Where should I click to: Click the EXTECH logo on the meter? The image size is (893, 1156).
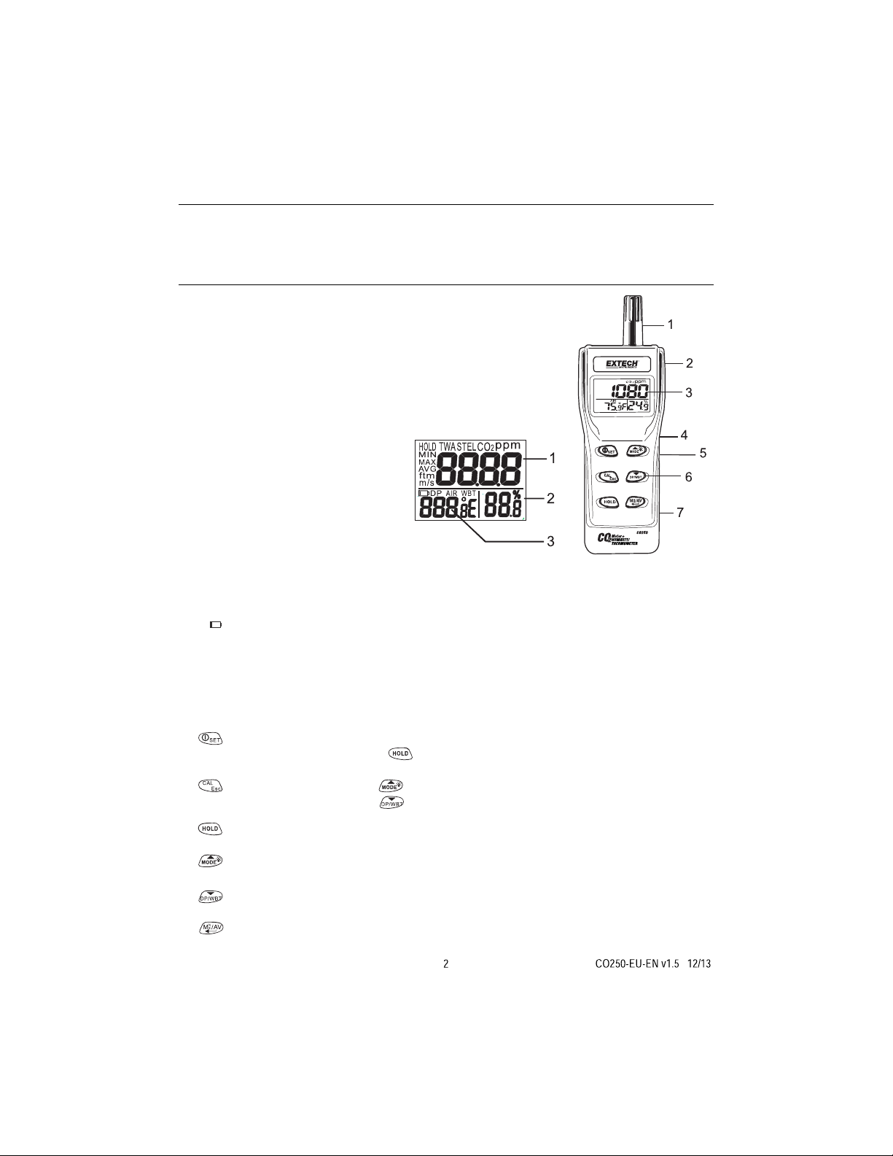[621, 364]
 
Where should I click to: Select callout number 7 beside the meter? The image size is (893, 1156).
[679, 513]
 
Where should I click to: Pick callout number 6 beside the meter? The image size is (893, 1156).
[688, 477]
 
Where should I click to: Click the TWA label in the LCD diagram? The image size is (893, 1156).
[447, 446]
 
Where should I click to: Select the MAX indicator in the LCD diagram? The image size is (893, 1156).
[427, 462]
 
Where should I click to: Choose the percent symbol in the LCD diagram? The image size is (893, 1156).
[517, 495]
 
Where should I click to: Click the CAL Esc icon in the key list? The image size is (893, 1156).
[210, 785]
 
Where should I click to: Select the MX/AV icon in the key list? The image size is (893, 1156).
[211, 928]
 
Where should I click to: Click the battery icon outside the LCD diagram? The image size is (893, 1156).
[216, 625]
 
